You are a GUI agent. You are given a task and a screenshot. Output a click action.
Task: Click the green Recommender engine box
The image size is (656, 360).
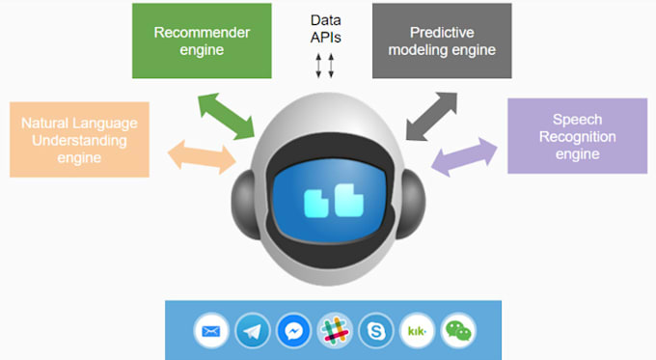pos(202,41)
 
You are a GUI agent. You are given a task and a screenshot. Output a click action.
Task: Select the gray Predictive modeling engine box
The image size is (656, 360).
pos(442,41)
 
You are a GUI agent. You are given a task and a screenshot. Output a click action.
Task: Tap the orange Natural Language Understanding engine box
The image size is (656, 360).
pos(79,139)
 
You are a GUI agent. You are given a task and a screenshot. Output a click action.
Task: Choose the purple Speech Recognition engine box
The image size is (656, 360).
pos(577,136)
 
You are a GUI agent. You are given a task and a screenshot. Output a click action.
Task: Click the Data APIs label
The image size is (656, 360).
pos(325,28)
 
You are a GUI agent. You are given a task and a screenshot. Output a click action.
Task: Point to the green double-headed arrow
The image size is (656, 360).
pos(227,116)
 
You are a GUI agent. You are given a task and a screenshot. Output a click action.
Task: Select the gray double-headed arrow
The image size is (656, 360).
pos(431,117)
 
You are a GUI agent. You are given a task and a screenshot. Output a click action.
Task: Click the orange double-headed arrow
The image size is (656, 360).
pos(202,157)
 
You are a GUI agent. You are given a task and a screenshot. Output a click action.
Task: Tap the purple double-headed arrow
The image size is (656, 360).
pos(464,156)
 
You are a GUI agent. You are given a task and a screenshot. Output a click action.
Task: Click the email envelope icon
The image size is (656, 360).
pos(211,331)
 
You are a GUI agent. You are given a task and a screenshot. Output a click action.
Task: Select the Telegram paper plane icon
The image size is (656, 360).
pos(253,331)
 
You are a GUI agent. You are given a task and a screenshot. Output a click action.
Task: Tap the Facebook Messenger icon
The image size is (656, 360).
pos(293,331)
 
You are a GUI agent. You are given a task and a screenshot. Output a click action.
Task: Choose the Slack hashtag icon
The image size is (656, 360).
pos(335,331)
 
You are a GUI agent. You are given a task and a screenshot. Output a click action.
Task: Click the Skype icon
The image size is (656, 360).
pos(376,331)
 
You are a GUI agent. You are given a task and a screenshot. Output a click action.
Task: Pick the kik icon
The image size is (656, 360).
pos(417,331)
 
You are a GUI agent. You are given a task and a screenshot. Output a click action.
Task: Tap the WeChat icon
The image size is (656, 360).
pos(458,331)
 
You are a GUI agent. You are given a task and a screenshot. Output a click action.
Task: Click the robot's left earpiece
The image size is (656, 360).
pos(244,205)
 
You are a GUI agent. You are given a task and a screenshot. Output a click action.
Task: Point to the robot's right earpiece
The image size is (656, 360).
pos(413,205)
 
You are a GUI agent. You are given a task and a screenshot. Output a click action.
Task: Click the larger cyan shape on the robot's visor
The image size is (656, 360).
pos(349,200)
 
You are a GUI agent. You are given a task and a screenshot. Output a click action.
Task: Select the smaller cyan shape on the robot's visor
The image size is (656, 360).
pos(316,204)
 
